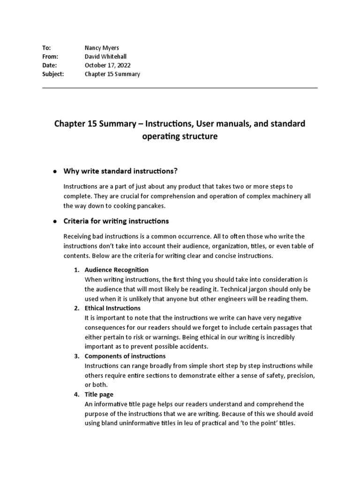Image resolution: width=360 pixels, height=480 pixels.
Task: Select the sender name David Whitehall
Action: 105,57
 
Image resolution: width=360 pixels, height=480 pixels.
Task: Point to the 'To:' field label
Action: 46,48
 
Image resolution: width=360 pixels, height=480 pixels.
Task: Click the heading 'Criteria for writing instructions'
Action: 116,221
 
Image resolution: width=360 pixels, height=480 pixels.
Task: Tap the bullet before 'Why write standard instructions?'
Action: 54,171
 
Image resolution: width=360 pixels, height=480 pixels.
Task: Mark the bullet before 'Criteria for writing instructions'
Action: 54,221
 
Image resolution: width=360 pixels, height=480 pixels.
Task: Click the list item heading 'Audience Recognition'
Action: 117,270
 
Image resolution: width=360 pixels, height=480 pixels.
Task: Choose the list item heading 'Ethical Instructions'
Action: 112,308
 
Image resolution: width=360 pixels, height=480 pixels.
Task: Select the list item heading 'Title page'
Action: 99,395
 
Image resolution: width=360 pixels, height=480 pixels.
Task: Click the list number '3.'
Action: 76,356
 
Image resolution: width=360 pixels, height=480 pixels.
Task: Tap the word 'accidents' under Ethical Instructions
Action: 194,347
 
